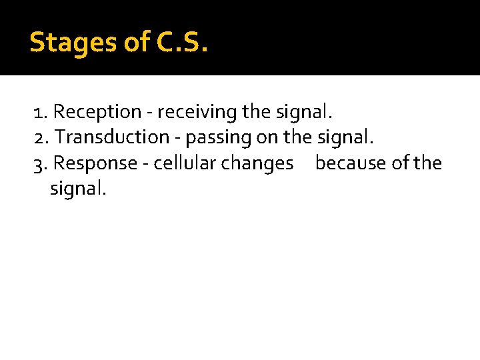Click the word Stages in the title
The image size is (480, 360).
click(73, 43)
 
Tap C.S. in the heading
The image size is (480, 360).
click(183, 43)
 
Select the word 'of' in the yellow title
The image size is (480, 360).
click(137, 43)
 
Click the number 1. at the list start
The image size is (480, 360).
click(41, 111)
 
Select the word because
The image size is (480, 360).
click(351, 163)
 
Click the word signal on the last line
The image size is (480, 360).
click(78, 189)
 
